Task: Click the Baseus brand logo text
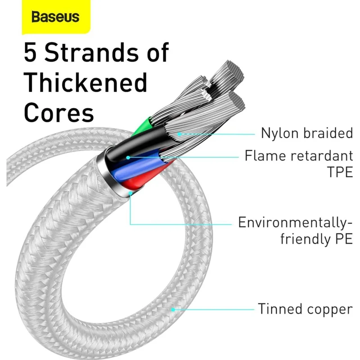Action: coord(55,17)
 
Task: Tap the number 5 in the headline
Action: coord(30,53)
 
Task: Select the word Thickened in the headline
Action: coord(85,82)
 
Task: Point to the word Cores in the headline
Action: coord(59,112)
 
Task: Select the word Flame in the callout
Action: coord(265,155)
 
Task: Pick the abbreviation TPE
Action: coord(340,172)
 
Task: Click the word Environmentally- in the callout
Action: coord(295,223)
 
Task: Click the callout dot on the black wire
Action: coord(128,157)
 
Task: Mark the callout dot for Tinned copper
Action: coord(173,310)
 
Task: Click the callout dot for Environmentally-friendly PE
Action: coord(130,193)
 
